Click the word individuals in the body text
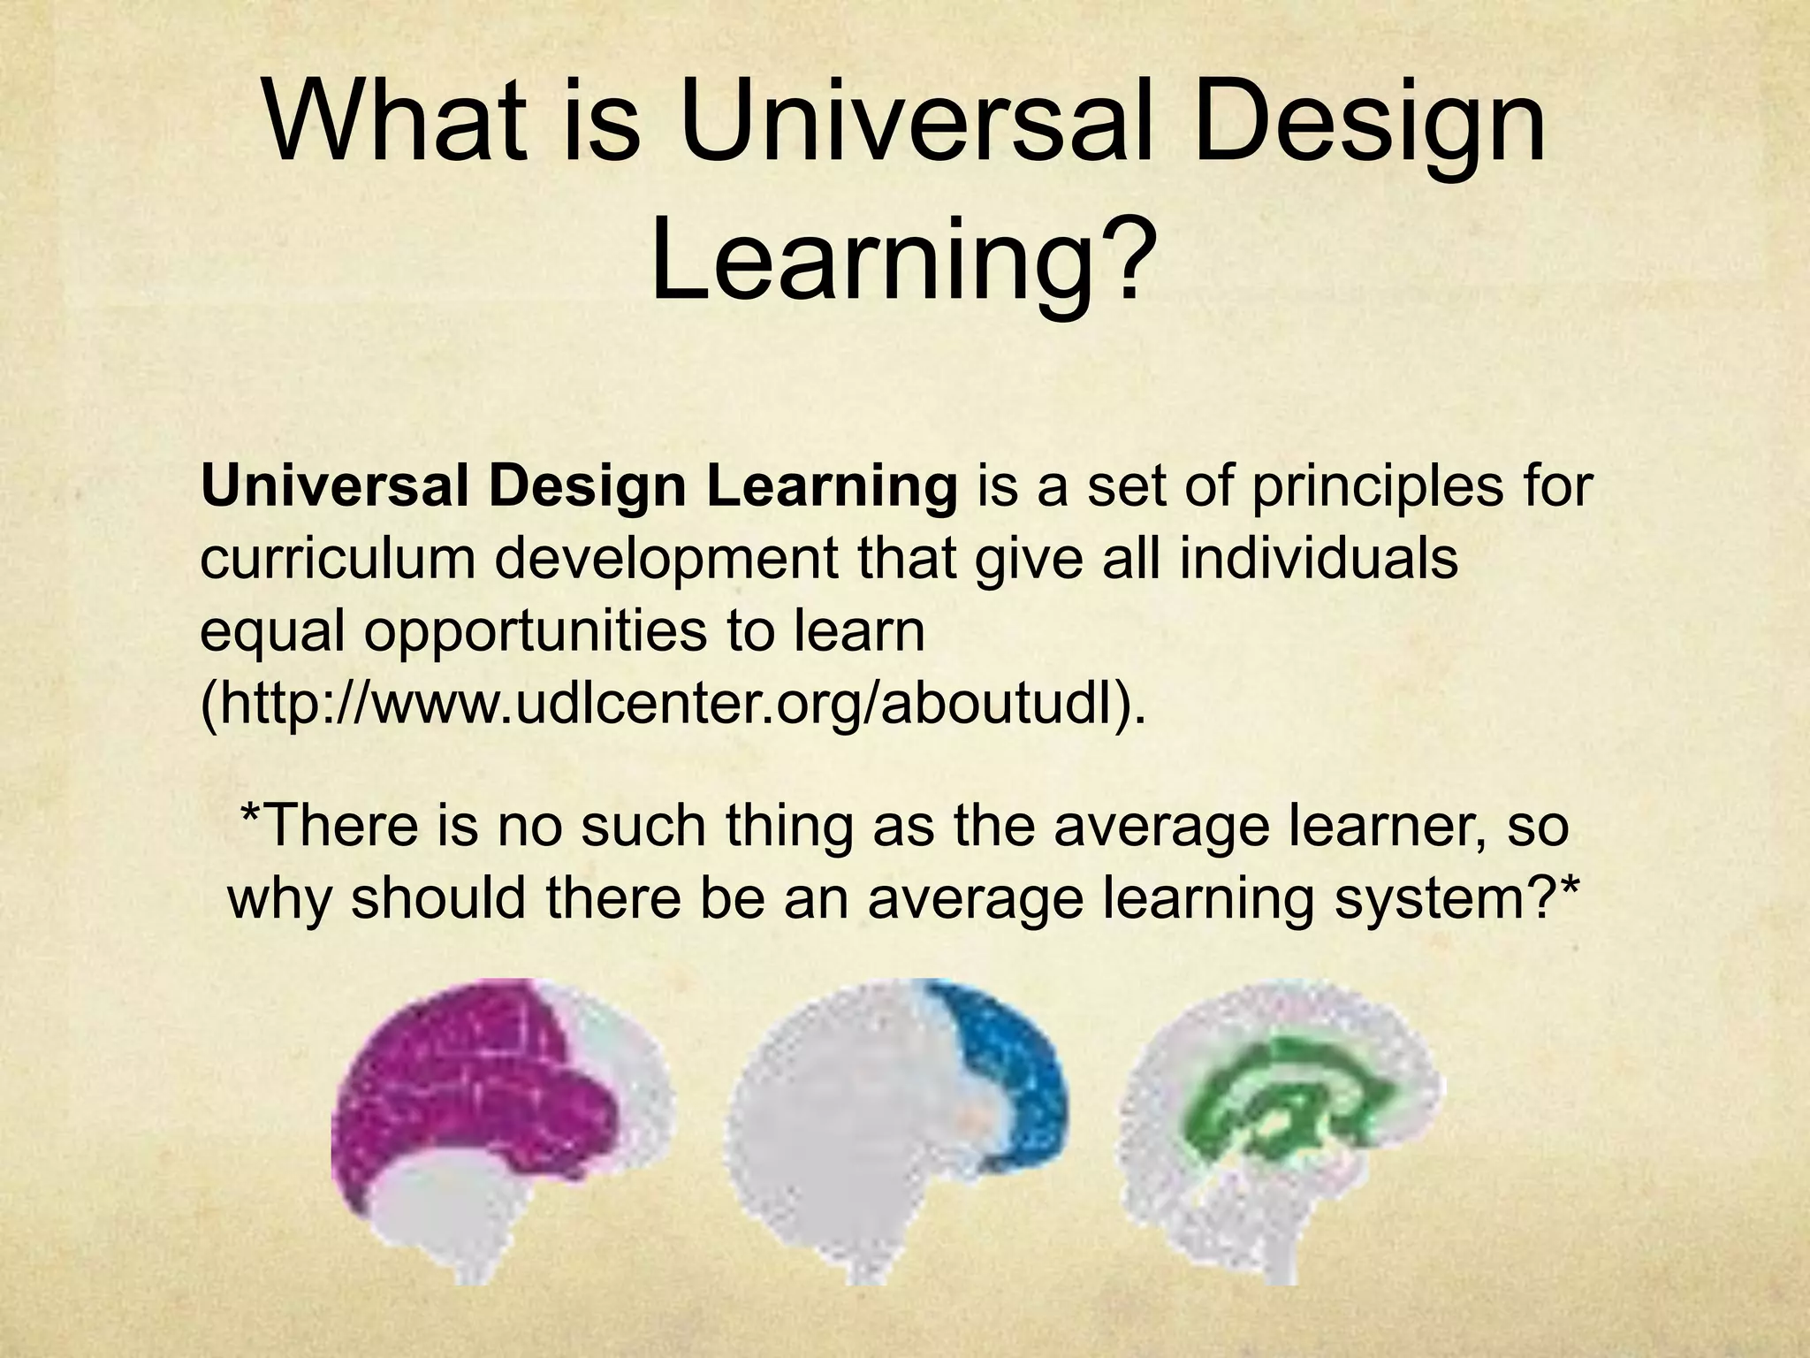[1318, 559]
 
